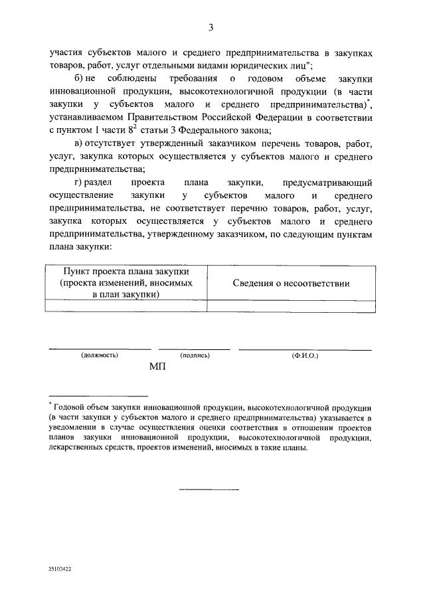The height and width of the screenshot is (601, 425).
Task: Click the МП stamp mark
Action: (x=157, y=367)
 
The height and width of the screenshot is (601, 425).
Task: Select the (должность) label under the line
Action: (x=100, y=355)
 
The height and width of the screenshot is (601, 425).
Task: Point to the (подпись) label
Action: (x=195, y=355)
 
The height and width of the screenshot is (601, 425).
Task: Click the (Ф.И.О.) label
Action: (x=305, y=355)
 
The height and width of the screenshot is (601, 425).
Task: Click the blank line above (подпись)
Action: (x=195, y=349)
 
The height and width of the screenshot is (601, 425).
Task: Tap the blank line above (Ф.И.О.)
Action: (x=305, y=349)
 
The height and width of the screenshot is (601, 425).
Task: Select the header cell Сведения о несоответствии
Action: (x=291, y=284)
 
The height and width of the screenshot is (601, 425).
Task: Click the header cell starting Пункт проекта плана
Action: (x=126, y=284)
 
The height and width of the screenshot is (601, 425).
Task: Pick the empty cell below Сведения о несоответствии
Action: (x=291, y=305)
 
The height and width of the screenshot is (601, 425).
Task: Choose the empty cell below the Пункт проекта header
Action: (x=126, y=305)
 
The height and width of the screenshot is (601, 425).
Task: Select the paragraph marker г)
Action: (x=78, y=182)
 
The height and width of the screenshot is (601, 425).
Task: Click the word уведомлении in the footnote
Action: (x=74, y=428)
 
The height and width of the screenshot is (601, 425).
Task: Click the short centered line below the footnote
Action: (x=210, y=490)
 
